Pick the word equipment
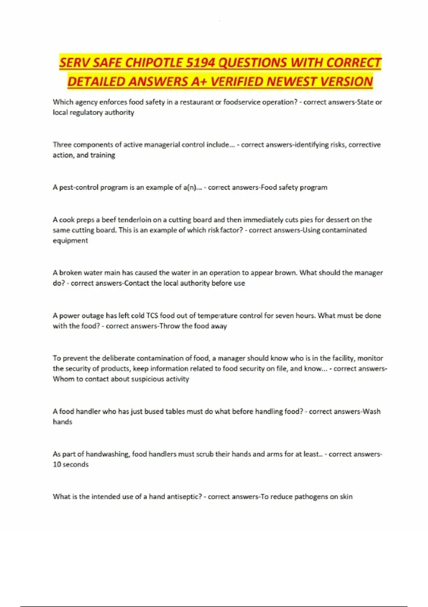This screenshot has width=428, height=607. pyautogui.click(x=70, y=241)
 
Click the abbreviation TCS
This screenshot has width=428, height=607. pyautogui.click(x=152, y=316)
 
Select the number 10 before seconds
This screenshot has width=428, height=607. pyautogui.click(x=57, y=465)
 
